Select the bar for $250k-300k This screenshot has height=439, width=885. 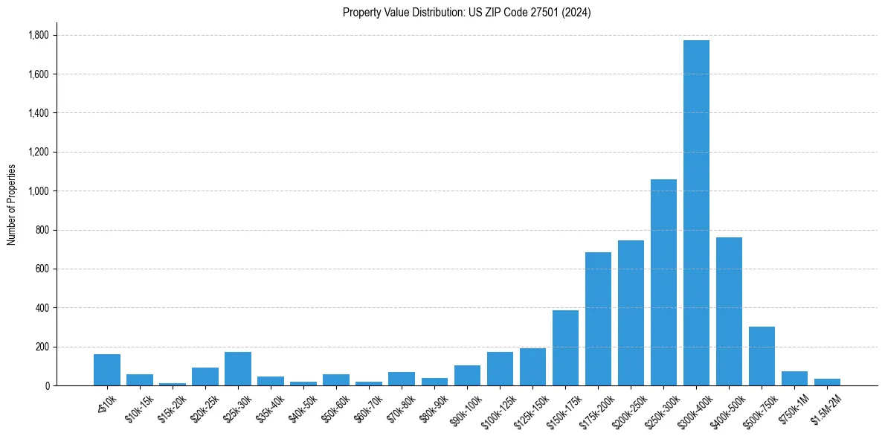[663, 283]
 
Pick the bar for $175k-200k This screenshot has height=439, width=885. [598, 318]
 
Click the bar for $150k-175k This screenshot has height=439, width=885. [565, 347]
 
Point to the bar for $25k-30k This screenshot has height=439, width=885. [238, 368]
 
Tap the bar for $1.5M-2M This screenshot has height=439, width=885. [827, 382]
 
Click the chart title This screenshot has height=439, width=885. [466, 13]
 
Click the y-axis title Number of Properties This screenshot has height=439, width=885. [12, 205]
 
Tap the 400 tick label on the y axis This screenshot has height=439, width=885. [42, 308]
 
